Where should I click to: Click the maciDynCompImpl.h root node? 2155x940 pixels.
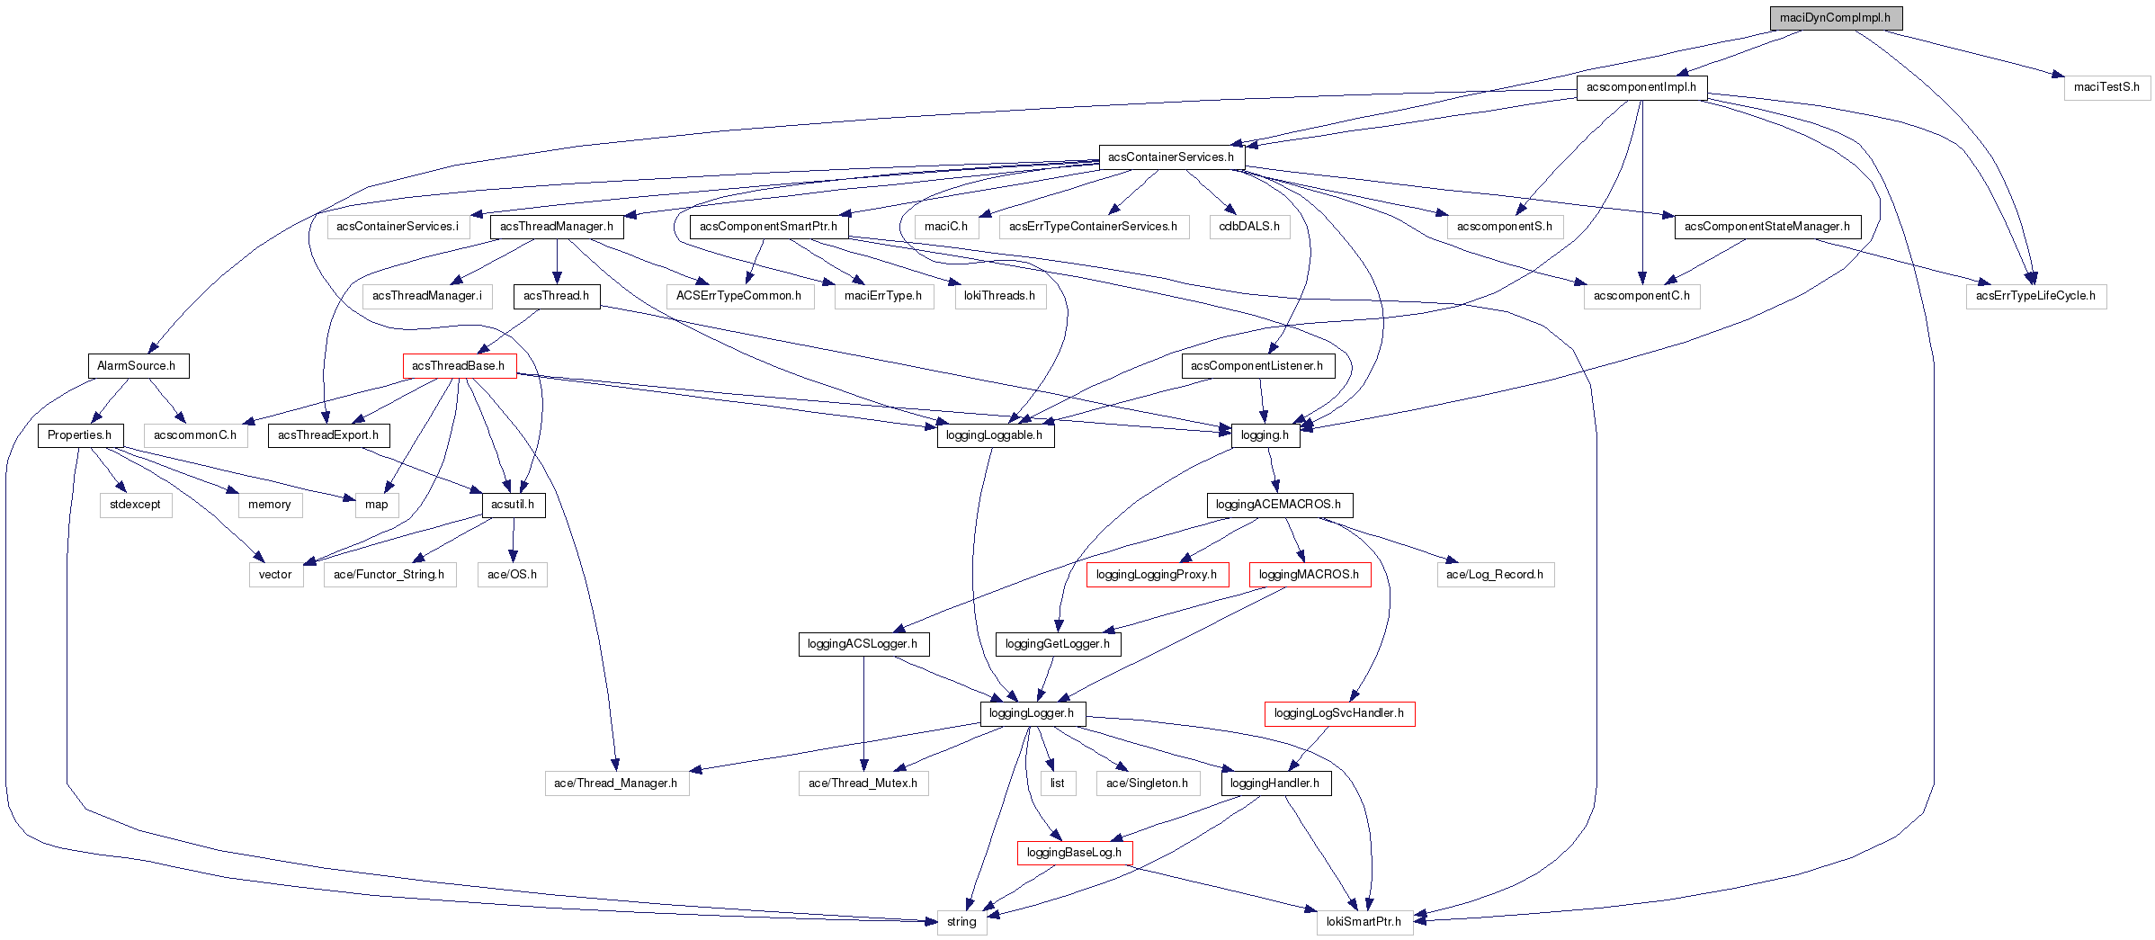[1835, 18]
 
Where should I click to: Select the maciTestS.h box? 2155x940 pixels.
[2106, 87]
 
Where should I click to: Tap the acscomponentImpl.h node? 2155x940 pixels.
[1641, 87]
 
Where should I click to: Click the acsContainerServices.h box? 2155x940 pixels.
[1170, 157]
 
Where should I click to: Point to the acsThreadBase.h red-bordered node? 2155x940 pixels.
[459, 366]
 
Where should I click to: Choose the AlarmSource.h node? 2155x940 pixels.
[137, 366]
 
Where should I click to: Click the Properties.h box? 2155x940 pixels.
[80, 435]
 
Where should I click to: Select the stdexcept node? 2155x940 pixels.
[135, 505]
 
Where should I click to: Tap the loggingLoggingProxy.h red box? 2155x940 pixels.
[1156, 575]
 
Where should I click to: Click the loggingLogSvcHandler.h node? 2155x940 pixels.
[1338, 713]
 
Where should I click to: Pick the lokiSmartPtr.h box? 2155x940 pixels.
[1364, 922]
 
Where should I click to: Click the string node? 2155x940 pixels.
[961, 922]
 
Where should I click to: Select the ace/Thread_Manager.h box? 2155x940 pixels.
[616, 783]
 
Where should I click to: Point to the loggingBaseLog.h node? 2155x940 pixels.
[1074, 853]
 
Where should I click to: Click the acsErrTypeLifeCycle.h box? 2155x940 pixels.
[2034, 296]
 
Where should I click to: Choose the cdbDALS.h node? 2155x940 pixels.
[1248, 227]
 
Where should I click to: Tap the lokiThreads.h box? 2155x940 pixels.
[999, 296]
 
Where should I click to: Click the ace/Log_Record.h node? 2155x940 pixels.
[1494, 575]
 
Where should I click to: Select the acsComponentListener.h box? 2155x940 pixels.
[1256, 366]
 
